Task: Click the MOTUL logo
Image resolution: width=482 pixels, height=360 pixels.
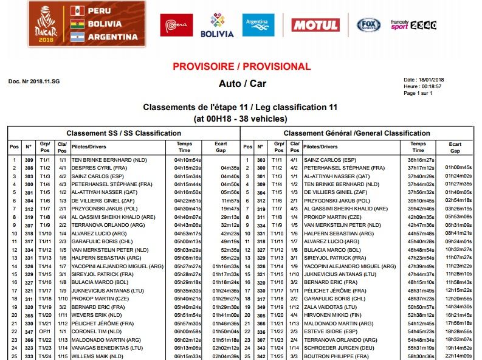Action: pyautogui.click(x=315, y=26)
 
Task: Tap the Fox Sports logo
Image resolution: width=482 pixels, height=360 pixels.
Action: pyautogui.click(x=368, y=26)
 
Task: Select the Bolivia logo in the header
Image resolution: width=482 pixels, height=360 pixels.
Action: pyautogui.click(x=217, y=26)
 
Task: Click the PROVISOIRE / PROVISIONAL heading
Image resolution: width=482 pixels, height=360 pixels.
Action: pyautogui.click(x=242, y=66)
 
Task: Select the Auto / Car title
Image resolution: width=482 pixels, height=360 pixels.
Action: pyautogui.click(x=242, y=83)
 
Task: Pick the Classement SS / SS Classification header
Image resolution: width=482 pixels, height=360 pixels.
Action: pyautogui.click(x=123, y=133)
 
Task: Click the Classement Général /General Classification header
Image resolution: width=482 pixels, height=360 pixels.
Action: pyautogui.click(x=357, y=133)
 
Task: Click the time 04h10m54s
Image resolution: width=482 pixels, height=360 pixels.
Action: pyautogui.click(x=188, y=160)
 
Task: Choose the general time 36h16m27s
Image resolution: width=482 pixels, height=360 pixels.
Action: pyautogui.click(x=421, y=160)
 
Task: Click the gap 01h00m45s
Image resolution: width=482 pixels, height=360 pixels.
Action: pyautogui.click(x=458, y=168)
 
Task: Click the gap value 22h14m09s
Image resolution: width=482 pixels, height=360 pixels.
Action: pyautogui.click(x=458, y=355)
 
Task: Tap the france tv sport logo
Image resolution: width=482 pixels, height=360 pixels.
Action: pyautogui.click(x=413, y=26)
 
